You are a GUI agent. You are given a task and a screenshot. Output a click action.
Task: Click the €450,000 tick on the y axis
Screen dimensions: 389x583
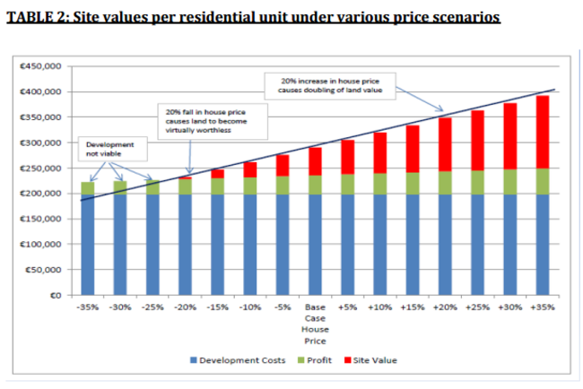43,66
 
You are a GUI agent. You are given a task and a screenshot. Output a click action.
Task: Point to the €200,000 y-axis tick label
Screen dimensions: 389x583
43,194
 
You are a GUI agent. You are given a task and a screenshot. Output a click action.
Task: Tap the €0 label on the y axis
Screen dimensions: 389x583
56,295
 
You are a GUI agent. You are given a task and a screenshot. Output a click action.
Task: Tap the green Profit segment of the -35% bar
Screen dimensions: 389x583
87,187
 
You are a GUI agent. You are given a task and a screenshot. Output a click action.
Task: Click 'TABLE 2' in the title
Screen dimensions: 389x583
38,17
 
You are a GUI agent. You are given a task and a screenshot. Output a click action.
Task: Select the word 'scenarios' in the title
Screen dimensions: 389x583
463,17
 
